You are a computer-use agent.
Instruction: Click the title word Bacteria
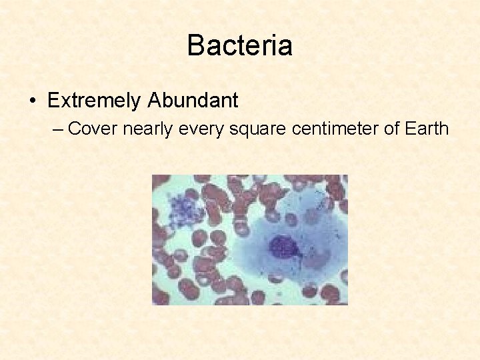coord(239,45)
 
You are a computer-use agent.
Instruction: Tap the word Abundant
coord(193,101)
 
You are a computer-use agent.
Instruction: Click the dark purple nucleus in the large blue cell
coord(284,247)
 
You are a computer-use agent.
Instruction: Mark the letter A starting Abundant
coord(155,101)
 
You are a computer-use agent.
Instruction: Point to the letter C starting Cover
coord(75,128)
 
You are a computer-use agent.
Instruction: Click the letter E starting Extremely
coord(53,101)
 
